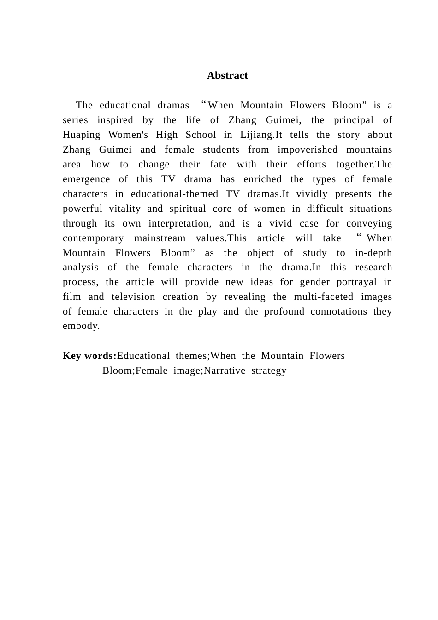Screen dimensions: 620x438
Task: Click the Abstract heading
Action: [227, 76]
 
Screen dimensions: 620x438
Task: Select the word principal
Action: [354, 120]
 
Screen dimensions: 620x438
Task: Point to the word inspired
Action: [115, 120]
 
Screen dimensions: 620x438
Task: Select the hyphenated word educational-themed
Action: [174, 194]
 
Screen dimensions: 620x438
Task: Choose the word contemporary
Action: [93, 238]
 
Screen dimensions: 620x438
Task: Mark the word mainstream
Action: [160, 238]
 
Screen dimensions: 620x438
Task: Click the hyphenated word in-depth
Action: [373, 253]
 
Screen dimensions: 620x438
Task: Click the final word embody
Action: [81, 326]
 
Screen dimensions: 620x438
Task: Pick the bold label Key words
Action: [89, 356]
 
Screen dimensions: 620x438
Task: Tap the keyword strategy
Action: [269, 371]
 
